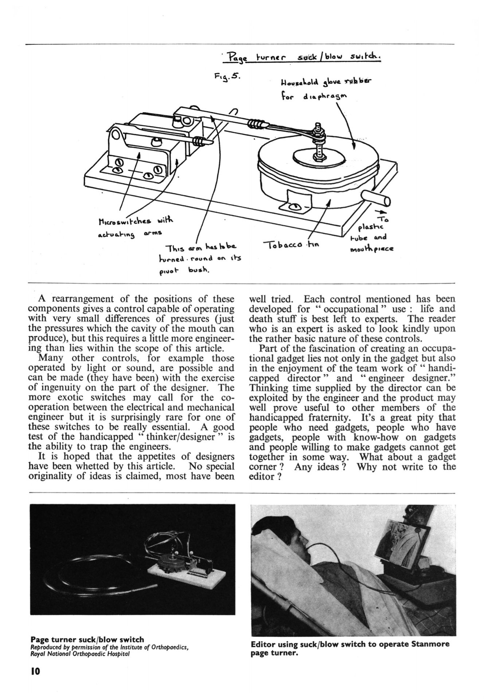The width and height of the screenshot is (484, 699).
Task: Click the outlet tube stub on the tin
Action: click(375, 200)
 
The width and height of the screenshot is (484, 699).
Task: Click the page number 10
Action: click(35, 671)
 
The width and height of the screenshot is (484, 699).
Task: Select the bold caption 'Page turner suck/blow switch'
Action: click(87, 639)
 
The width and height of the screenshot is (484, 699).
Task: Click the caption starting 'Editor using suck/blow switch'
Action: click(350, 648)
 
